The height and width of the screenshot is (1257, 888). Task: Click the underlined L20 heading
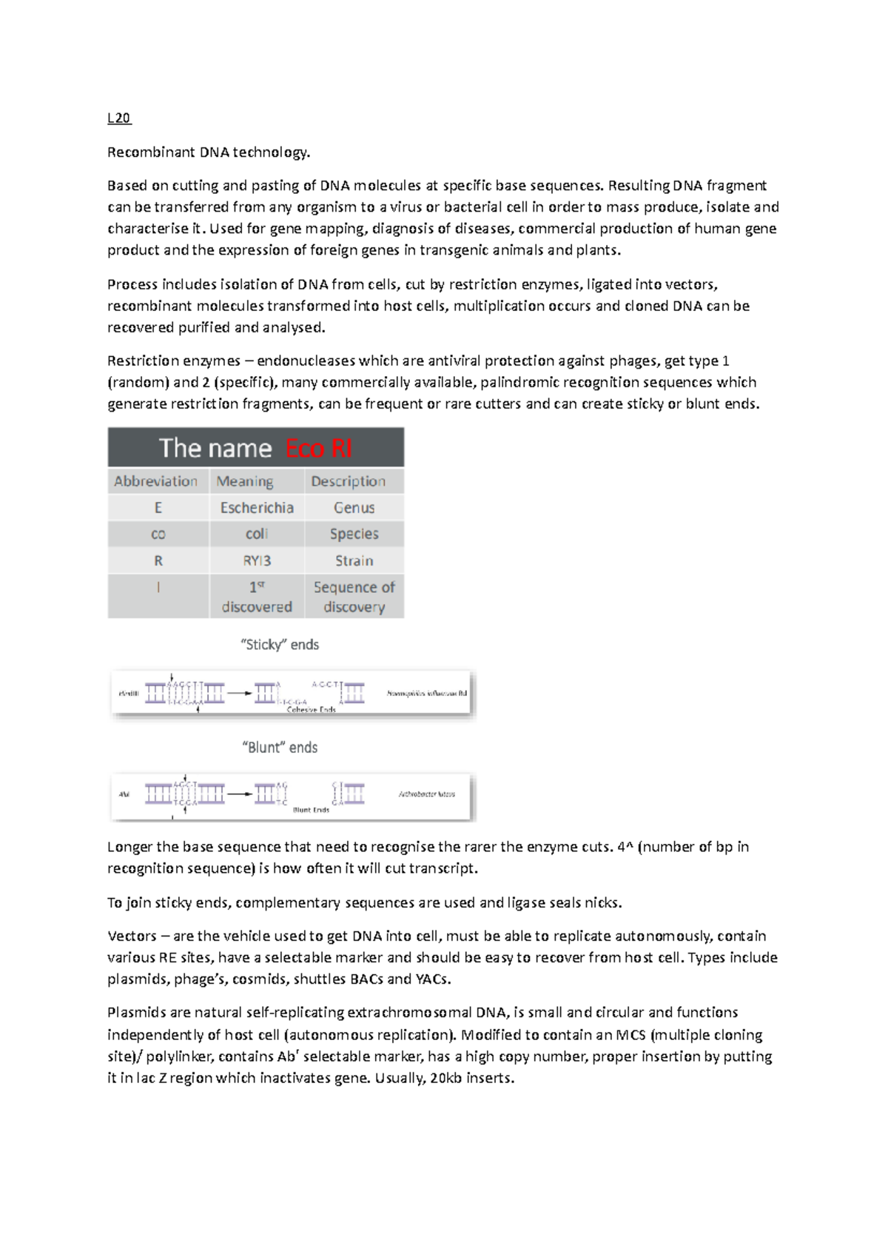pyautogui.click(x=118, y=118)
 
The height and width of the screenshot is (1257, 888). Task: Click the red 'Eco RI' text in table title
pyautogui.click(x=318, y=449)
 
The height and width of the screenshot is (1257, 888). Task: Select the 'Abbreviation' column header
pyautogui.click(x=155, y=481)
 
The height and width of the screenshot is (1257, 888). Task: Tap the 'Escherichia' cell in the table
pyautogui.click(x=257, y=508)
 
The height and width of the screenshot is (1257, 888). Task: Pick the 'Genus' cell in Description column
pyautogui.click(x=354, y=508)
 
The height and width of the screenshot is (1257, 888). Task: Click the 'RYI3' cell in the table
pyautogui.click(x=257, y=561)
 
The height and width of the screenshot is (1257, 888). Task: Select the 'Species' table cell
pyautogui.click(x=354, y=534)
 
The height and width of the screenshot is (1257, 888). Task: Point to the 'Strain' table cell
pyautogui.click(x=354, y=561)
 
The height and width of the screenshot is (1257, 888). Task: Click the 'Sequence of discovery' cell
pyautogui.click(x=354, y=597)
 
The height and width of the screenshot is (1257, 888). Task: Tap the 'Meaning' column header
pyautogui.click(x=245, y=481)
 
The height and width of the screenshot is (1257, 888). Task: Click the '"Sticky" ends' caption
pyautogui.click(x=280, y=645)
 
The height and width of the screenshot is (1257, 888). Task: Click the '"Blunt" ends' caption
pyautogui.click(x=280, y=748)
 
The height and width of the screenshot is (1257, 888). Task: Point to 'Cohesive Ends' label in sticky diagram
pyautogui.click(x=311, y=709)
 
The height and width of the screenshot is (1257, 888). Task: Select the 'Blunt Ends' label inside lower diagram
pyautogui.click(x=311, y=810)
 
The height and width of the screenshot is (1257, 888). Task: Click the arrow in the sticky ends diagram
pyautogui.click(x=239, y=693)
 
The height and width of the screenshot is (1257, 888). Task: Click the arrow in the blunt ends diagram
pyautogui.click(x=239, y=794)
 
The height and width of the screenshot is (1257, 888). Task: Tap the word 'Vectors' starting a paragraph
pyautogui.click(x=132, y=936)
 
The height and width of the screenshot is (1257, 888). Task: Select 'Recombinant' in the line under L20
pyautogui.click(x=151, y=152)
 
